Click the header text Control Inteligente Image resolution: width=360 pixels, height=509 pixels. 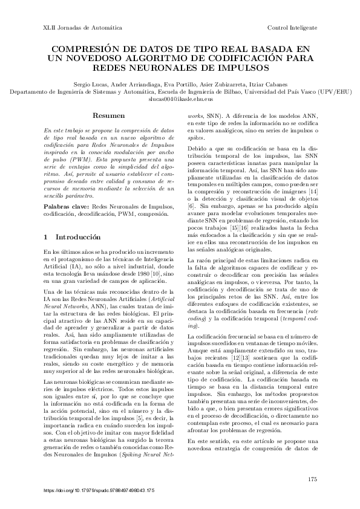click(x=292, y=28)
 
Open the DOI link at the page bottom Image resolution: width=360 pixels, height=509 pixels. click(x=100, y=490)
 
